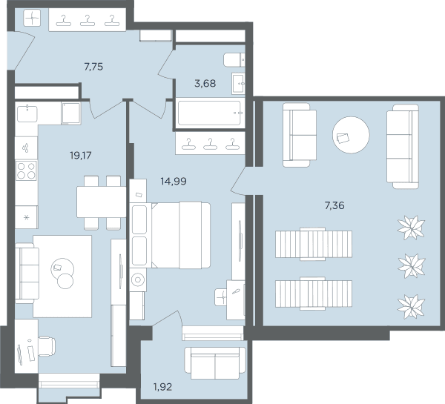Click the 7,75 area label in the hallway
tap(93, 67)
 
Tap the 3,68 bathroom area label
tap(205, 84)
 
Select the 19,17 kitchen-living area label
tap(81, 156)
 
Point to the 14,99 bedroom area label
tap(174, 181)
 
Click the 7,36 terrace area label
tap(334, 205)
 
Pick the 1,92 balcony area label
tap(162, 387)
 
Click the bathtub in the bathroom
tap(209, 113)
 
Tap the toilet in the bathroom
tap(234, 60)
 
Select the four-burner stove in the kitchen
tap(27, 170)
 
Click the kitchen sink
tap(27, 113)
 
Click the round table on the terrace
tap(351, 135)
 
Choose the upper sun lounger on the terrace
tap(314, 244)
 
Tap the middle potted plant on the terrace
tap(411, 266)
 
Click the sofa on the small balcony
tap(215, 363)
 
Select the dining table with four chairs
tap(102, 202)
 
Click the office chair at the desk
tap(47, 346)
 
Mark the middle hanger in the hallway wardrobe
tap(88, 21)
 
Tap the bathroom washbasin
tap(238, 84)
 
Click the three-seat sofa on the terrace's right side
tap(403, 146)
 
